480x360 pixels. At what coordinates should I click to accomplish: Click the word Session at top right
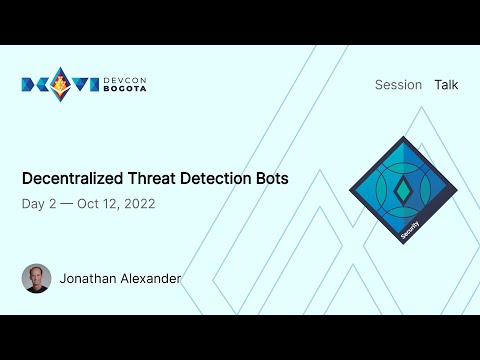coord(398,85)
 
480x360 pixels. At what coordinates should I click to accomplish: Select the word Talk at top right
coord(446,85)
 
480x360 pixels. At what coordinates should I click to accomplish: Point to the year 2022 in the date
coord(138,204)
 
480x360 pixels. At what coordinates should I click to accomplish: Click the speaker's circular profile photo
coord(36,278)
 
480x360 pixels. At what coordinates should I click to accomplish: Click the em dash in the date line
coord(67,204)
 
